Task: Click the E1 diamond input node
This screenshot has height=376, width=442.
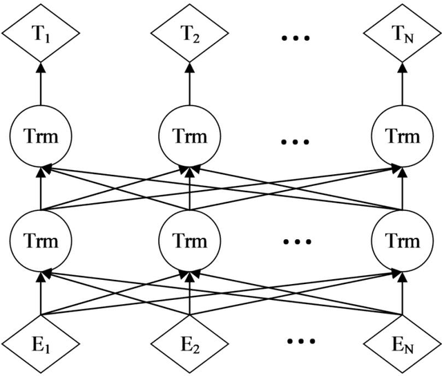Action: (41, 341)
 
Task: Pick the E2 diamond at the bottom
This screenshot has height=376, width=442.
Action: (190, 341)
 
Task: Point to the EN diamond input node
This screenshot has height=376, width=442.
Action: (403, 341)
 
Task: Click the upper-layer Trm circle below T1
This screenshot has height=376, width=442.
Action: (41, 137)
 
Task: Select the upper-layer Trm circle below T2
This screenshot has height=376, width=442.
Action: (190, 137)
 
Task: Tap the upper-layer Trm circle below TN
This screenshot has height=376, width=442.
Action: (403, 137)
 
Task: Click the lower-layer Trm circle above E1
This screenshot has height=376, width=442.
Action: (41, 241)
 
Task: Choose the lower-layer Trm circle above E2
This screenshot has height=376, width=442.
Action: (190, 241)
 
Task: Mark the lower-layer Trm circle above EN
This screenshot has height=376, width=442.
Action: (403, 241)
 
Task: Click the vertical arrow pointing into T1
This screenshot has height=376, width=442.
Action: (41, 86)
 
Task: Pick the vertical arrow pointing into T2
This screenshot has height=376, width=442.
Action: (190, 86)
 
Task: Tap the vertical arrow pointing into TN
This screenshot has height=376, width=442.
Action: (403, 86)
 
